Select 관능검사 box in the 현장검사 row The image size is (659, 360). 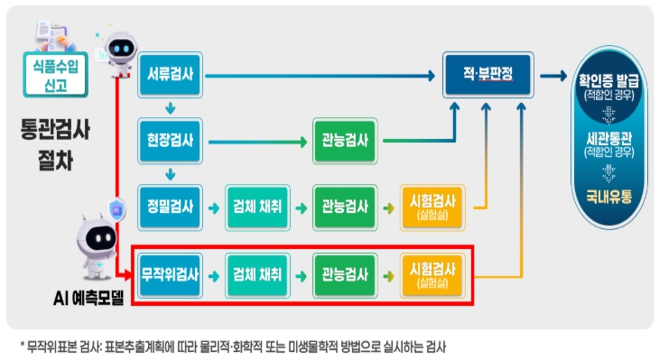[x=344, y=141]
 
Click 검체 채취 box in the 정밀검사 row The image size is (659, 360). [x=256, y=207]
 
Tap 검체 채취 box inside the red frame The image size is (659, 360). [x=256, y=271]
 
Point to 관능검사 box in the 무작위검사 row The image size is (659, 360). [x=344, y=271]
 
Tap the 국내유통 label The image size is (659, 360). [x=609, y=195]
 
